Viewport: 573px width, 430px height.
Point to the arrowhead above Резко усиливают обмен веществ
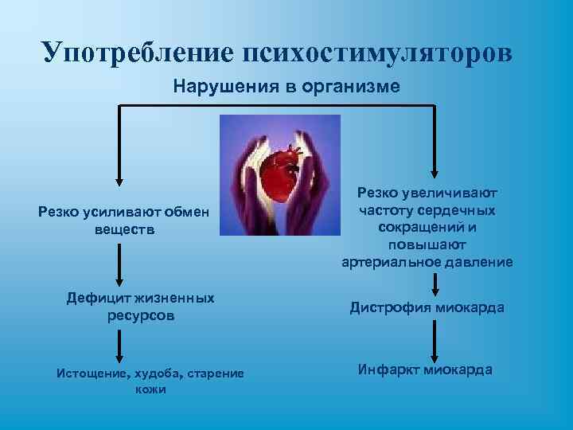119,182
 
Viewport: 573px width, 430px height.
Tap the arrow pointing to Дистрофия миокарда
435,286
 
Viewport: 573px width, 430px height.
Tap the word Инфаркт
388,369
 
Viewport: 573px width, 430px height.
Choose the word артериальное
392,262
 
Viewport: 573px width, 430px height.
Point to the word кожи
150,389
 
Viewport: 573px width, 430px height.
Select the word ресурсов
140,315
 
